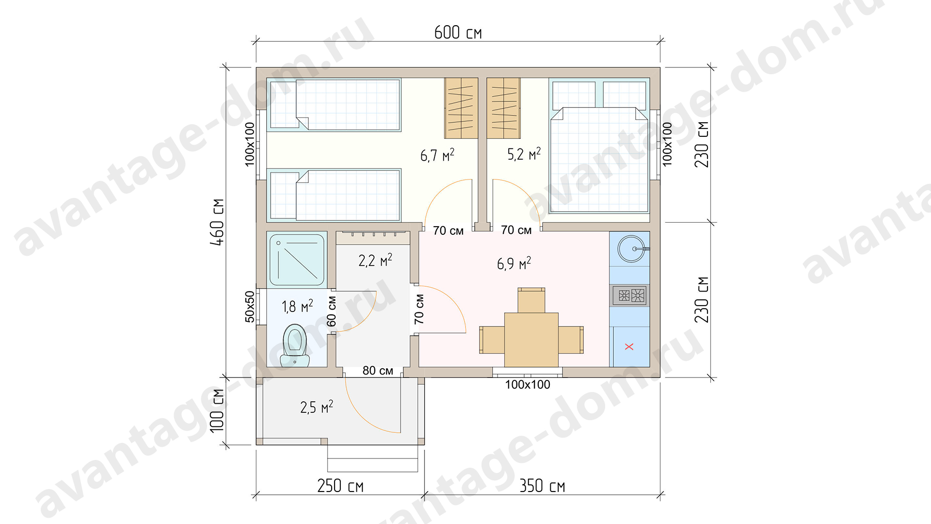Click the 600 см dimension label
coord(458,33)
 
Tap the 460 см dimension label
coord(217,222)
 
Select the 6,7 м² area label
coord(437,155)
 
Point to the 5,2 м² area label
coord(524,154)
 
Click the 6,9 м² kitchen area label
coord(514,263)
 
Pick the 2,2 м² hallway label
coord(375,260)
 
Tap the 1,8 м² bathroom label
coord(297,306)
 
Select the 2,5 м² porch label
coord(317,407)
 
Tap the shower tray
coord(297,260)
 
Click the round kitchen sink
coord(631,249)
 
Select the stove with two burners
coord(630,295)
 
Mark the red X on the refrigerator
coord(629,346)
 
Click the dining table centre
coord(531,340)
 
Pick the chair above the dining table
coord(531,300)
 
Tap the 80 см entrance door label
coord(378,371)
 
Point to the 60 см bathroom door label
coord(332,311)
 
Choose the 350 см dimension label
coord(542,486)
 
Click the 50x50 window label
coord(249,307)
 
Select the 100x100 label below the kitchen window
coord(528,385)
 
